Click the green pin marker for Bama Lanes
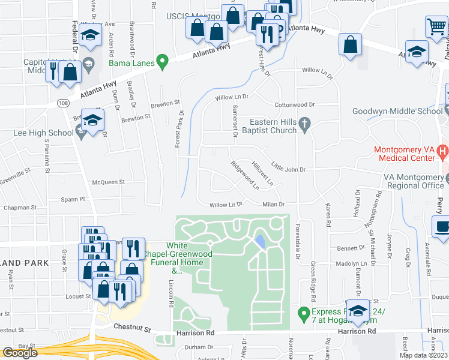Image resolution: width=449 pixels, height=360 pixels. pos(161,62)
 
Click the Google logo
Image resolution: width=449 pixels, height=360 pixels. pos(20,353)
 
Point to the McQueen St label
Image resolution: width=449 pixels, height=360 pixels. pos(108,181)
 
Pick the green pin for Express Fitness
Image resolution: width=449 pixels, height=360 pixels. pos(304,313)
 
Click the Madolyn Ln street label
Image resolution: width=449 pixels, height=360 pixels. pos(351,263)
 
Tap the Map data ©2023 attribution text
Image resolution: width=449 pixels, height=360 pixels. pos(424,355)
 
